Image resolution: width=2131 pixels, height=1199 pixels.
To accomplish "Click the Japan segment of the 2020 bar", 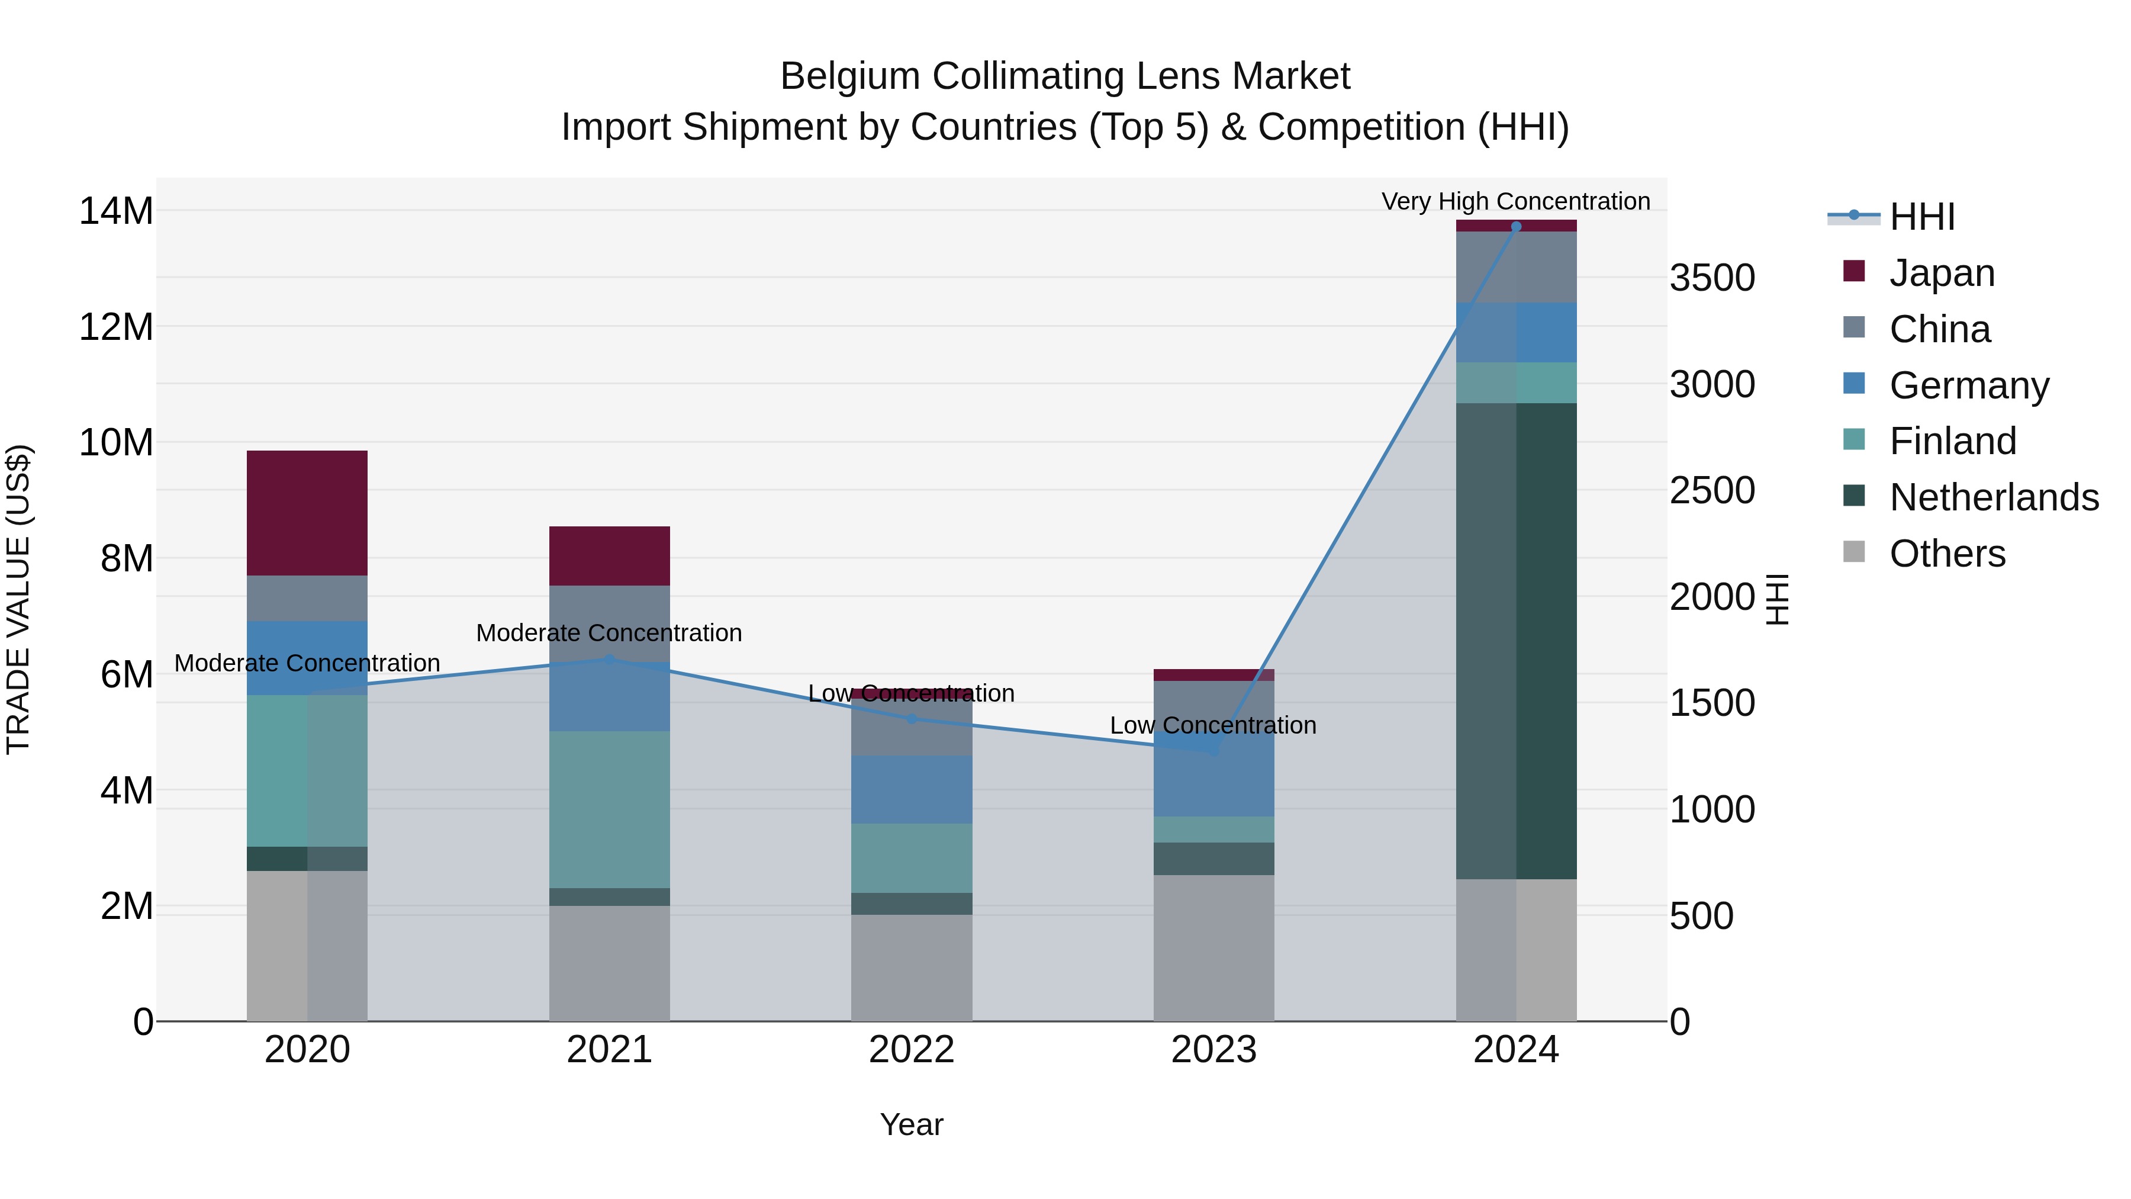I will (x=307, y=513).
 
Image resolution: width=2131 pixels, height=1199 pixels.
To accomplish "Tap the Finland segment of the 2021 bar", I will (x=609, y=809).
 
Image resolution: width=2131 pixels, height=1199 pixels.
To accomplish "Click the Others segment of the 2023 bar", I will (x=1213, y=947).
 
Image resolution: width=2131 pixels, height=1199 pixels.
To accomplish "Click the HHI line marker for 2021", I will (x=609, y=660).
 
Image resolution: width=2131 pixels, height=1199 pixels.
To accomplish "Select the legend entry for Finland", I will (x=1952, y=441).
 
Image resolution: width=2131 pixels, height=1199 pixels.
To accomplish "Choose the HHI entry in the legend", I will (x=1921, y=217).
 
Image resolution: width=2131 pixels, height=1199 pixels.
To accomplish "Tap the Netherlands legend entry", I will (x=1994, y=497).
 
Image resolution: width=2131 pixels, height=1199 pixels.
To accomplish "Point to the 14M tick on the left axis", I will (x=116, y=211).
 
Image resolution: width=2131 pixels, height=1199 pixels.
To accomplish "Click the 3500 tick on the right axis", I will (x=1711, y=278).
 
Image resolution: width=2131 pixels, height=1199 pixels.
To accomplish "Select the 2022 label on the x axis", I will (x=912, y=1050).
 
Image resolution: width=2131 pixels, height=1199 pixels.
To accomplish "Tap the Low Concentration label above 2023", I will (x=1213, y=726).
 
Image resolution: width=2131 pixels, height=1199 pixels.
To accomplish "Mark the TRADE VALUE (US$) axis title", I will (x=18, y=599).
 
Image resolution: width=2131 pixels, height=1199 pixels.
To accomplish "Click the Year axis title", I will (x=912, y=1124).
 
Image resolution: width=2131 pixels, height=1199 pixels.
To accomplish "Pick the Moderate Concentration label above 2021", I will (x=609, y=633).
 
